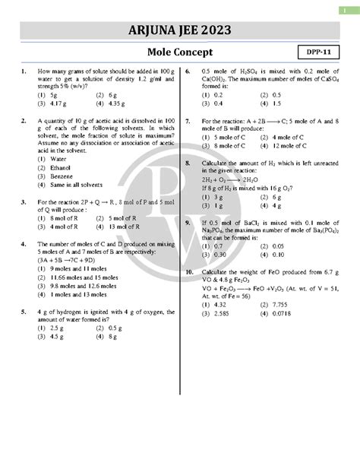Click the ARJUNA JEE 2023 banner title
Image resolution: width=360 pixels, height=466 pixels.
[x=179, y=30]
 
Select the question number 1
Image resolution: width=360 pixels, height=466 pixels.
[x=25, y=71]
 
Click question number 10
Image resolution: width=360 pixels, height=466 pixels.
[x=190, y=271]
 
